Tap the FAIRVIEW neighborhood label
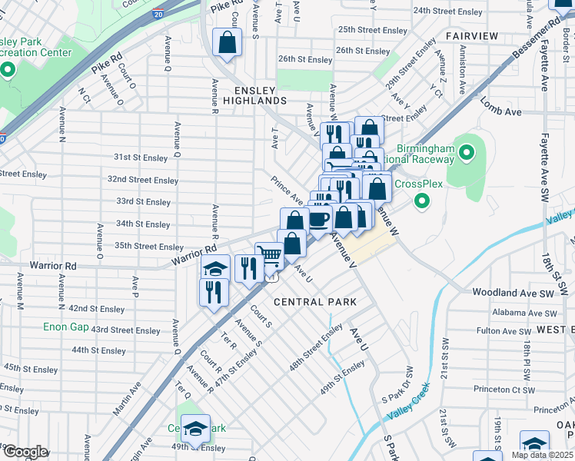tap(471, 36)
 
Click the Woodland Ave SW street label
tap(523, 294)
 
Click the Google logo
tap(25, 452)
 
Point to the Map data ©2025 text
tap(542, 455)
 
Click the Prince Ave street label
tap(285, 190)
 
